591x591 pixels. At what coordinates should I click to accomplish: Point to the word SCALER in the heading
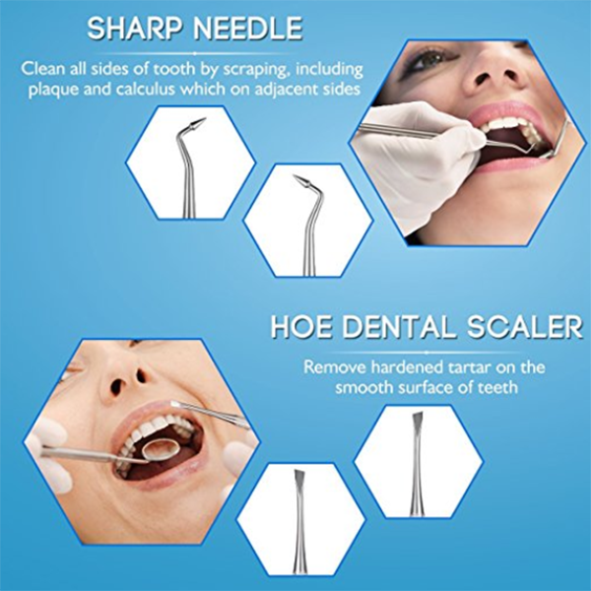coord(525,327)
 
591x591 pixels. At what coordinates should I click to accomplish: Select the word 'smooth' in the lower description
coord(361,387)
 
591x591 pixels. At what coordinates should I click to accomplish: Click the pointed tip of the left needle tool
coord(205,119)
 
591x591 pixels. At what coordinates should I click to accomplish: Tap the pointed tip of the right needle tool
coord(295,176)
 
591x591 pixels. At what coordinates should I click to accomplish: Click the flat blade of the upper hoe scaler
coord(418,419)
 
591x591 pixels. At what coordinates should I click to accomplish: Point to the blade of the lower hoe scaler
coord(299,477)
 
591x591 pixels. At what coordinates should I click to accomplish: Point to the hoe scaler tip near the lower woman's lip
coord(176,405)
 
